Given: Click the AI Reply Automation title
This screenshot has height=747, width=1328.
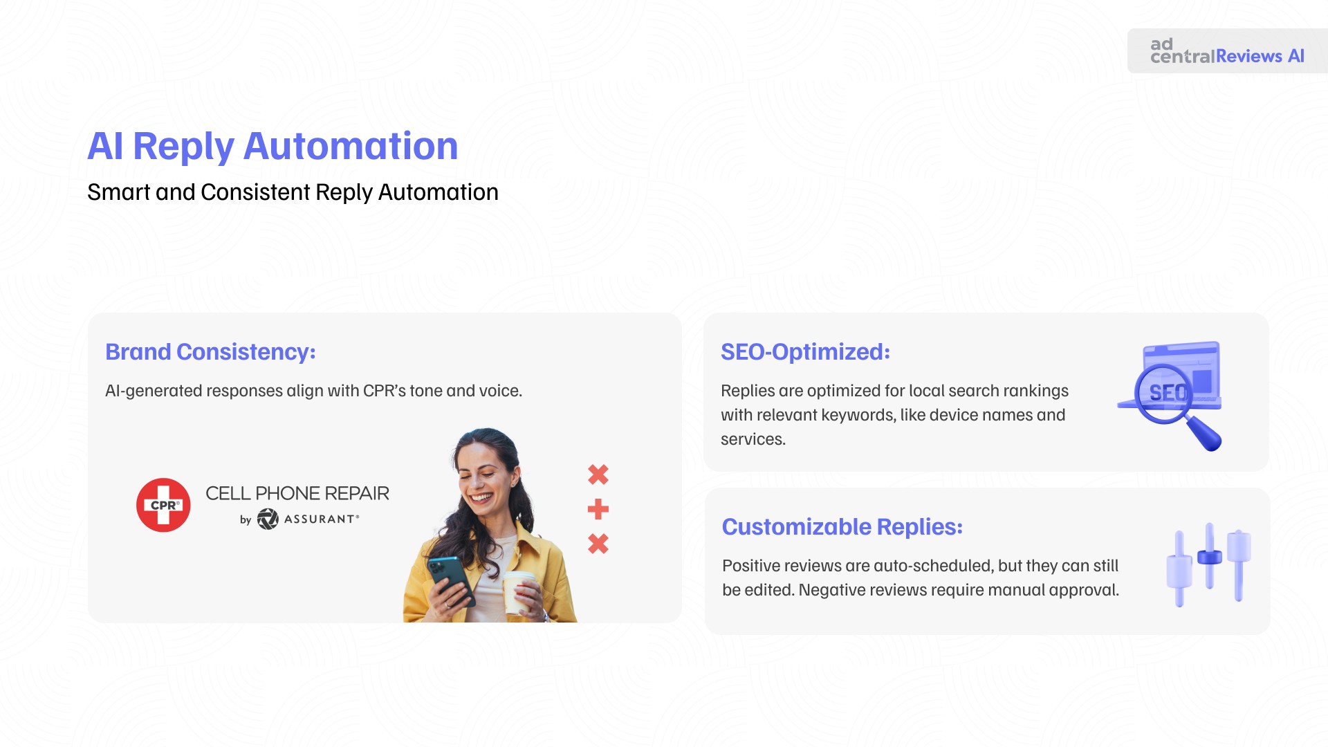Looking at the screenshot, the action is [x=273, y=147].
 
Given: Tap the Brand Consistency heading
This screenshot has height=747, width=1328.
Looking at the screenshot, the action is [x=210, y=352].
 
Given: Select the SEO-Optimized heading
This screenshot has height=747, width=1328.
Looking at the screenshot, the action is [x=805, y=352].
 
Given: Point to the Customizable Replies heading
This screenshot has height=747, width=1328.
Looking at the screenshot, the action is [x=842, y=527].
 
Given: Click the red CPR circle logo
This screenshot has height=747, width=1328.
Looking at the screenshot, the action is [x=163, y=505].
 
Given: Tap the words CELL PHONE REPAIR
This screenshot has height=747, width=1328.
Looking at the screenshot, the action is [x=297, y=493].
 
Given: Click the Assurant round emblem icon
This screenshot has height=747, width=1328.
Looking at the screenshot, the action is [x=268, y=519].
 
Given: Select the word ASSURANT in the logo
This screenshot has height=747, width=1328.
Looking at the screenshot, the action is [x=321, y=519].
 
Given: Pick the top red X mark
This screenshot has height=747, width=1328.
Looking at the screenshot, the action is [x=598, y=474].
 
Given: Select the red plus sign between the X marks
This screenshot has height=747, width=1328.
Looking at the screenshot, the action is [x=598, y=510].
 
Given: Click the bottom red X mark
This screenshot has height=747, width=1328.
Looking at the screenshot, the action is [x=598, y=544].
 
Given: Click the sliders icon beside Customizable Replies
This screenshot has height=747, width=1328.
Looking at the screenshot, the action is [x=1208, y=564].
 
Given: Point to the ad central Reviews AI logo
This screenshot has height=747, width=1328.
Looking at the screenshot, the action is [x=1227, y=51].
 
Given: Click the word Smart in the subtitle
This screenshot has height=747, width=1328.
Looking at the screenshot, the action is [x=119, y=192].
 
